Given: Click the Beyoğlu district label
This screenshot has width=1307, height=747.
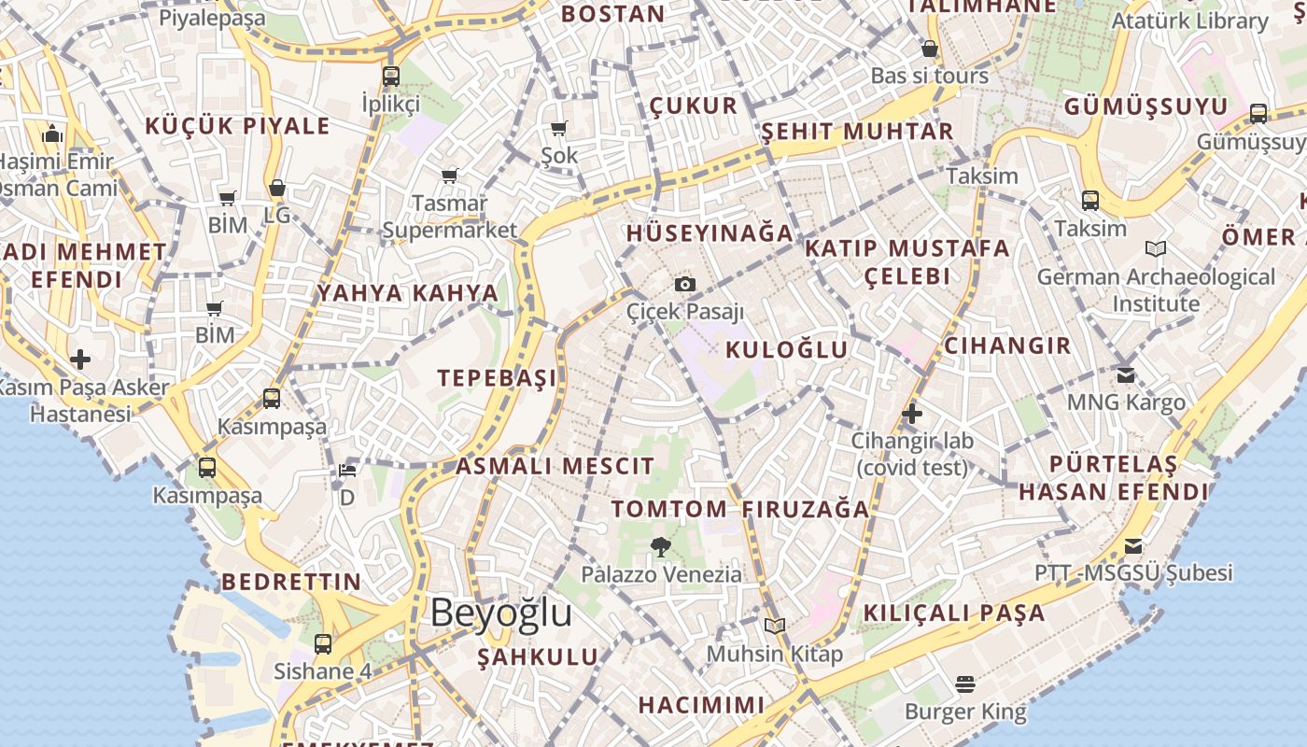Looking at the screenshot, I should click(500, 613).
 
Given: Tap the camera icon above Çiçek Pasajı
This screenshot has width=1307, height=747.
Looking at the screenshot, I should click(685, 284).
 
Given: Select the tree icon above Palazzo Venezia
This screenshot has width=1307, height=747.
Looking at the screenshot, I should click(661, 547).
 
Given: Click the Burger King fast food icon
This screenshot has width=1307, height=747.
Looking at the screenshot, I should click(965, 685).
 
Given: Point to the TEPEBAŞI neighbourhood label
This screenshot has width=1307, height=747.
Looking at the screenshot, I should click(497, 377).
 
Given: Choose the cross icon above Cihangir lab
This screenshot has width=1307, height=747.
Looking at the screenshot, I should click(912, 413).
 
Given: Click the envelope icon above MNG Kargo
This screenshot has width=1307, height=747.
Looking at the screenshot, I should click(1126, 375).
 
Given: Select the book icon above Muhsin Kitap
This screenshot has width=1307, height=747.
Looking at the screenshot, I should click(774, 626).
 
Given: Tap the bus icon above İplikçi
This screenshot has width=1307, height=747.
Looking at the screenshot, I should click(390, 77).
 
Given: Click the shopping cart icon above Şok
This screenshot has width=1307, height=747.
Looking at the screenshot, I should click(559, 129).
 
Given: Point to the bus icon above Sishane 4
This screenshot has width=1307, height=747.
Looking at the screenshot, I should click(322, 643).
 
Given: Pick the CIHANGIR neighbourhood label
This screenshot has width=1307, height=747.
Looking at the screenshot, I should click(1007, 345).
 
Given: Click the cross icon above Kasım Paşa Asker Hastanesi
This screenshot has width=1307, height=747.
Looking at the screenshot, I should click(80, 359).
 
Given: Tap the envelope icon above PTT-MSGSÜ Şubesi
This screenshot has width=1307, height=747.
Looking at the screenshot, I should click(1133, 545).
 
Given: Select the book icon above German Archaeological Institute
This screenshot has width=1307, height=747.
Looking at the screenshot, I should click(1156, 248).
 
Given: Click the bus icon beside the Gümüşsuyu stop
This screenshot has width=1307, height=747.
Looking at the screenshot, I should click(1258, 114).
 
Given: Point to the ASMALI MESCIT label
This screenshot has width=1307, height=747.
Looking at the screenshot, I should click(555, 466).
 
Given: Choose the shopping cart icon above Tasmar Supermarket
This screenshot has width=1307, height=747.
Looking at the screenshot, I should click(450, 176).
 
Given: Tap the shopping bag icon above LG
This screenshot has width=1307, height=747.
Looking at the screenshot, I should click(276, 189).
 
